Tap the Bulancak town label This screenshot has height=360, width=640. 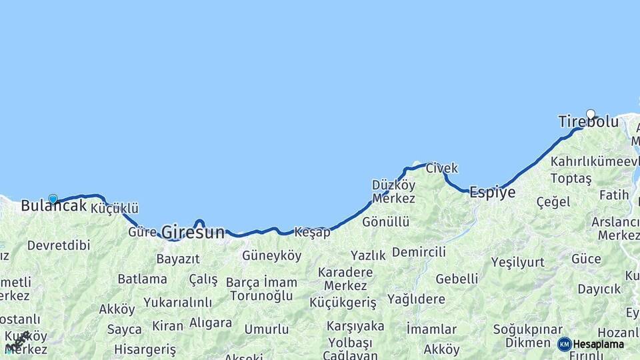click(53, 206)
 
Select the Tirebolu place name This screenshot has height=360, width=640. click(588, 122)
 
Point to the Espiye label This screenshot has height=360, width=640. click(492, 193)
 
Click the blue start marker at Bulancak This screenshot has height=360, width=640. click(53, 198)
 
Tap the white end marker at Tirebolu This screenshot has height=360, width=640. click(590, 113)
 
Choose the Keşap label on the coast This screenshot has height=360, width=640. click(312, 233)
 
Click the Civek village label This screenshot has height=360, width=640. click(441, 168)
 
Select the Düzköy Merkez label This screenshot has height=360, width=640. click(393, 192)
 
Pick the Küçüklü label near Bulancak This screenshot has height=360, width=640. click(114, 209)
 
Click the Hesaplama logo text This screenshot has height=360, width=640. click(599, 344)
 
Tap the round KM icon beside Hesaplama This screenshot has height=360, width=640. click(564, 344)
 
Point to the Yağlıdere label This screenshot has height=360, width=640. click(416, 299)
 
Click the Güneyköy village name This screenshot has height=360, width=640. click(271, 255)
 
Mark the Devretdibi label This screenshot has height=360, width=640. click(59, 245)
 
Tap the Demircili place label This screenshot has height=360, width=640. click(419, 252)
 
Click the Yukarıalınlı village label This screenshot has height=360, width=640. click(177, 302)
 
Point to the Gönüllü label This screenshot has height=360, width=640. click(385, 222)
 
